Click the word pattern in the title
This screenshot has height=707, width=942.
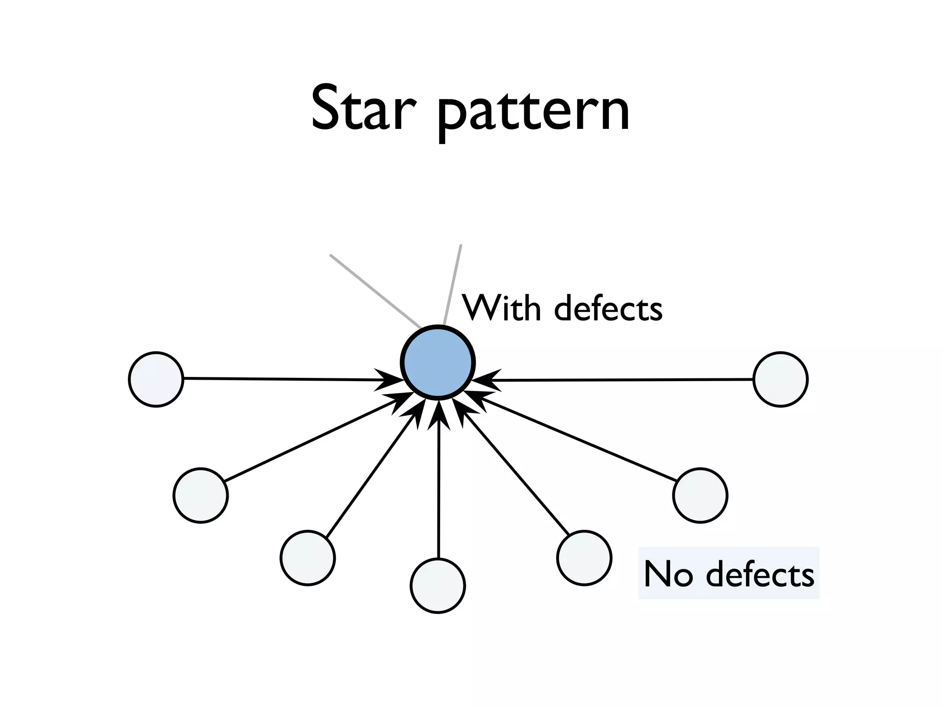pos(533,113)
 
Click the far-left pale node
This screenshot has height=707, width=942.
pos(156,379)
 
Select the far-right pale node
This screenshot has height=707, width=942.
pos(780,379)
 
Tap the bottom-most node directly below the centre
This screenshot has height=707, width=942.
pos(437,585)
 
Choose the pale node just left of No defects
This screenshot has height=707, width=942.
pos(584,558)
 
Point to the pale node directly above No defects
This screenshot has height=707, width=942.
pos(700,495)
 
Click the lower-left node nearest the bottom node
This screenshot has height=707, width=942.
pos(307,558)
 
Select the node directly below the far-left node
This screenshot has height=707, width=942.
pos(201,495)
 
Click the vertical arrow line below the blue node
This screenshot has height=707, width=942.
pos(438,488)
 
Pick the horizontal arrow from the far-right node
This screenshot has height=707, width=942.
pos(621,380)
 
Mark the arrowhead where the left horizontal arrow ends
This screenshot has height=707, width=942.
pos(391,380)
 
